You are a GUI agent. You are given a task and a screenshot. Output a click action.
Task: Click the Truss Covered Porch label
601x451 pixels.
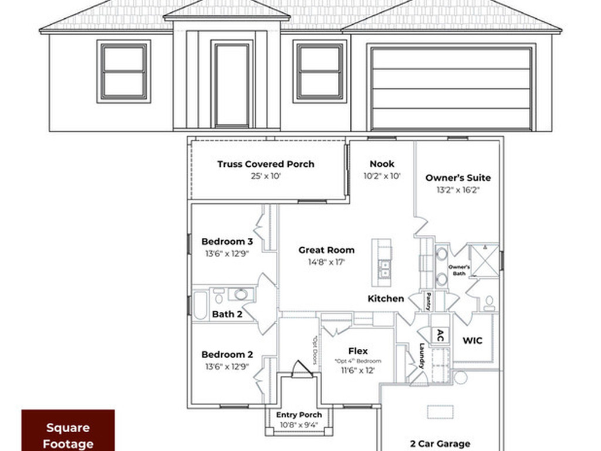tap(265, 164)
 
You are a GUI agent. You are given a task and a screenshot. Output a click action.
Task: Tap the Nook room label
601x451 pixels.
tap(382, 164)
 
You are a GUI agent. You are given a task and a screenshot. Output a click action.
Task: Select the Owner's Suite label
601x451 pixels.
tap(458, 177)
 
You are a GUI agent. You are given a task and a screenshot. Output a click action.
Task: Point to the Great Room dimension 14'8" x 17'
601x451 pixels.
tap(326, 262)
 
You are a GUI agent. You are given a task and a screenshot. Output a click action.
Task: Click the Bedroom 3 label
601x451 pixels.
tap(227, 241)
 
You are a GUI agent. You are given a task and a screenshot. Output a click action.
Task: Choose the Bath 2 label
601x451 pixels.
tap(227, 314)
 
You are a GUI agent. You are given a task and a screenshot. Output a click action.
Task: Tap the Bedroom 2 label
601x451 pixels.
tap(227, 355)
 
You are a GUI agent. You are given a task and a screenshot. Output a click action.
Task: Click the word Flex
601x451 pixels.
tap(358, 351)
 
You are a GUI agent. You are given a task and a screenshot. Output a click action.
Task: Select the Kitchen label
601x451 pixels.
tap(386, 298)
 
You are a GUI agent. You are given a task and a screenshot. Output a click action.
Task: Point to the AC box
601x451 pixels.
tap(440, 335)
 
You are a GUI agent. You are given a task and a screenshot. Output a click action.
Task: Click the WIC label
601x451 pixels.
tap(472, 340)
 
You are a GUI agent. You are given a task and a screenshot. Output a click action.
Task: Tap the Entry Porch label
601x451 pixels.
tap(299, 415)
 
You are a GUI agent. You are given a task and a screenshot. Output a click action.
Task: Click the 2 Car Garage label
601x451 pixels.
tap(440, 444)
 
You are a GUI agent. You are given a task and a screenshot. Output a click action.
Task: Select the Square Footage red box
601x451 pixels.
tap(68, 430)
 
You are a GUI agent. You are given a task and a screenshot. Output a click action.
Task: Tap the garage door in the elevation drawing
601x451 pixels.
tap(451, 87)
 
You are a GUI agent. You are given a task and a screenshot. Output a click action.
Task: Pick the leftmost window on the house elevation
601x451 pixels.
tap(123, 71)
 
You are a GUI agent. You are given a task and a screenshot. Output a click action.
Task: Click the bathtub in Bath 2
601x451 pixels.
tap(201, 305)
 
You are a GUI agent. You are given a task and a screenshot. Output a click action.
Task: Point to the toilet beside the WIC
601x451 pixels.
tap(489, 303)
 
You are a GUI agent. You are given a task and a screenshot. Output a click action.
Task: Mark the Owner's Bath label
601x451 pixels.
tap(459, 270)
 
